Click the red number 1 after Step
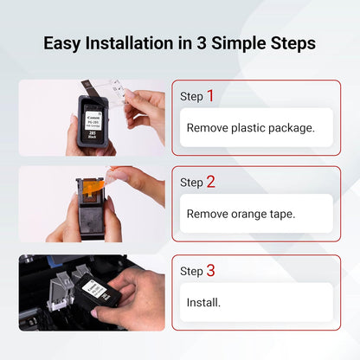(x=209, y=95)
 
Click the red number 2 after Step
(x=209, y=182)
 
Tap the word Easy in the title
(x=66, y=42)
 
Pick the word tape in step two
(x=292, y=214)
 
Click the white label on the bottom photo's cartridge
(x=111, y=292)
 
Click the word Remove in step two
(x=210, y=214)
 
